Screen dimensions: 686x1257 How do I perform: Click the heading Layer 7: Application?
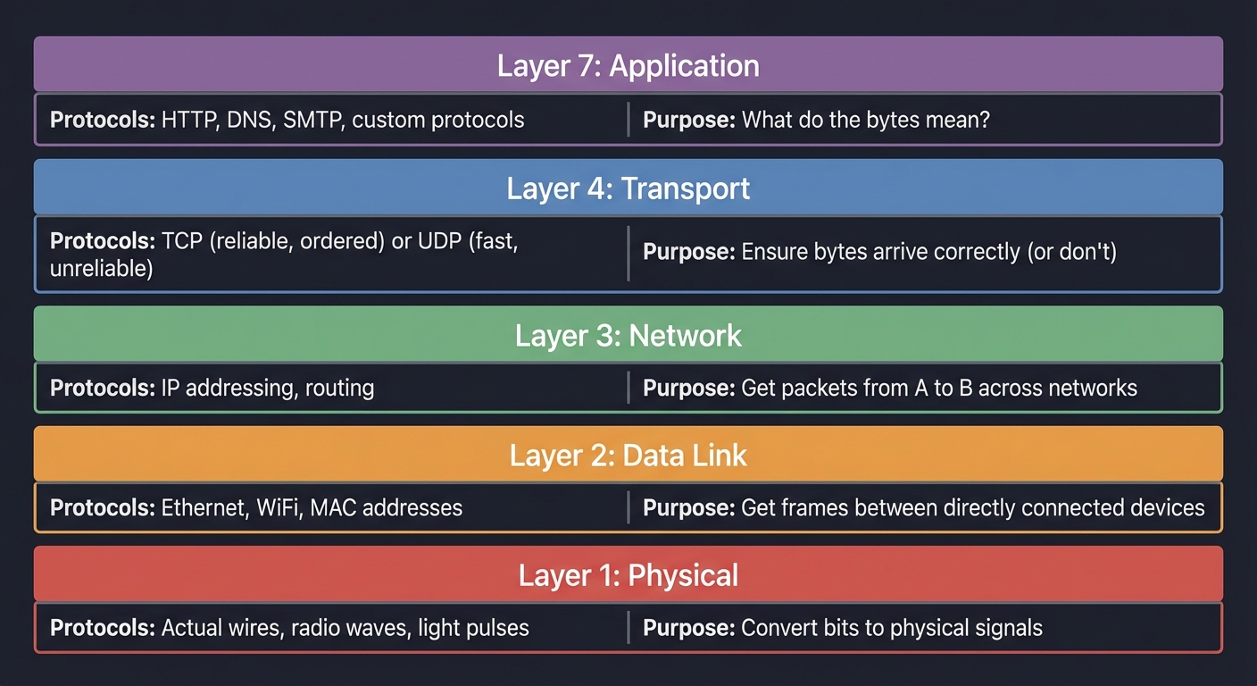628,66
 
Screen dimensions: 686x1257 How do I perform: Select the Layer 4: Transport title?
628,188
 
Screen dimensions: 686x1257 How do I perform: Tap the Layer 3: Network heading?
628,336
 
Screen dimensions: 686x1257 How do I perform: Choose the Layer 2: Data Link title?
628,456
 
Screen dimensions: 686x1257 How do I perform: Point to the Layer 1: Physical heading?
628,575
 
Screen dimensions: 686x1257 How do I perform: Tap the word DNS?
249,120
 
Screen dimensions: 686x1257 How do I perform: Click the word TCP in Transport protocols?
181,241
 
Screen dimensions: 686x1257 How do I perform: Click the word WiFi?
278,508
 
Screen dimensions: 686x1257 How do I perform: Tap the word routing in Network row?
339,389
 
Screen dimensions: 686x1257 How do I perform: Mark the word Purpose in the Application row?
688,120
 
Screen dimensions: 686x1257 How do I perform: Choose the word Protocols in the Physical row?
102,628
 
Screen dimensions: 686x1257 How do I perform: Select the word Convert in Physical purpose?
777,628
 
